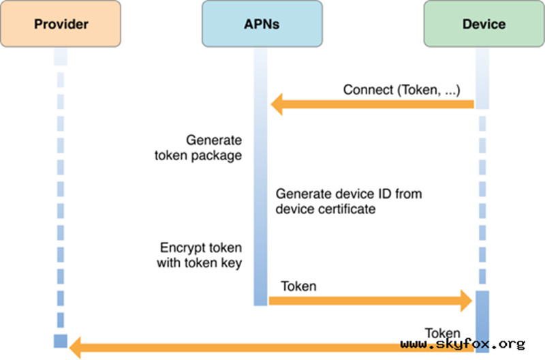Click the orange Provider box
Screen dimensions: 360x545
61,25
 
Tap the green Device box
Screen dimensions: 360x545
483,25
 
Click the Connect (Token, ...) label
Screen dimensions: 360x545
401,90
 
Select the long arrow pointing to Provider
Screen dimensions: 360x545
272,348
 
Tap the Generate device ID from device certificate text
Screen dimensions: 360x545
348,202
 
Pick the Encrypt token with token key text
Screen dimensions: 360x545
201,254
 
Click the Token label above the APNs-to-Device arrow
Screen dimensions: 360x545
298,286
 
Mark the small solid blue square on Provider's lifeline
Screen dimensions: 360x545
61,341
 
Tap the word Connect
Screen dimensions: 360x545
367,90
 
